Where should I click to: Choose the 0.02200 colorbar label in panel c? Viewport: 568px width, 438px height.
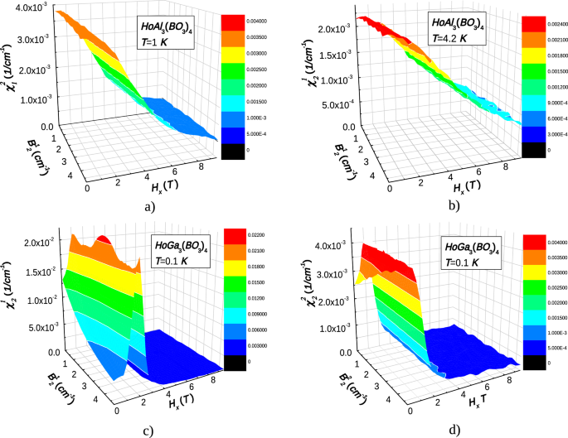click(x=255, y=237)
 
